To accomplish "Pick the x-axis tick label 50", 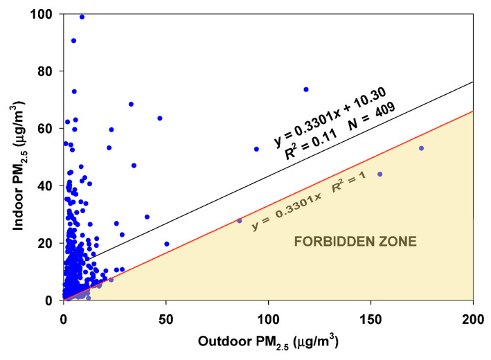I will pos(166,312).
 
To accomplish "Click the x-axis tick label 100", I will pos(268,312).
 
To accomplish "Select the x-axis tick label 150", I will pos(371,312).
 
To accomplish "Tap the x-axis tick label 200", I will pos(472,312).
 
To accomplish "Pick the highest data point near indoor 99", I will pos(82,17).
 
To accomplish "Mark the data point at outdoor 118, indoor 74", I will pos(305,89).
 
